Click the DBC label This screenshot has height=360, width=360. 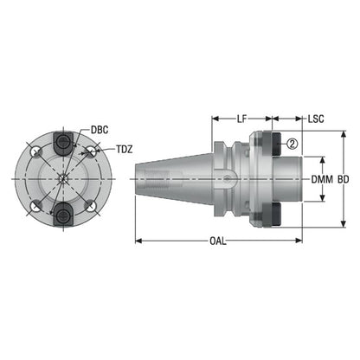[100, 130]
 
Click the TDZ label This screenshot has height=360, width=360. [125, 150]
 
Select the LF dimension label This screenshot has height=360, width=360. [242, 119]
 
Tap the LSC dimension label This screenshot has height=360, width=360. [316, 119]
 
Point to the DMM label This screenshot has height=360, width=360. [322, 179]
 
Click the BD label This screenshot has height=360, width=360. [344, 179]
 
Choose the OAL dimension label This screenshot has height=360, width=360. [218, 241]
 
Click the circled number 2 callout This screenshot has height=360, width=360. [292, 144]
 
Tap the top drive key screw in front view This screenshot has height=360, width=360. [63, 142]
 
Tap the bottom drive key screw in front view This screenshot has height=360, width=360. [63, 215]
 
